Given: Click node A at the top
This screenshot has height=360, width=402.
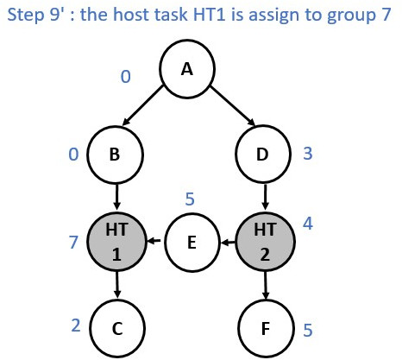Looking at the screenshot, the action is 187,69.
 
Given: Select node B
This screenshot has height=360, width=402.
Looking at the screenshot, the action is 115,155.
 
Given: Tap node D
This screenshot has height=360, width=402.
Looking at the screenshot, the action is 263,154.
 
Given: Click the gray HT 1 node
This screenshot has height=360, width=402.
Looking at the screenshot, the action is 116,242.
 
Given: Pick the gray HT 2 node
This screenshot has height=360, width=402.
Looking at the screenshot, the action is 265,242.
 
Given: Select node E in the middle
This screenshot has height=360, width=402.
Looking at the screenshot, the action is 192,243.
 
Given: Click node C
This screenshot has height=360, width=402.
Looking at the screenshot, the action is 117,328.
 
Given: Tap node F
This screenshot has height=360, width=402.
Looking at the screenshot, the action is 266,328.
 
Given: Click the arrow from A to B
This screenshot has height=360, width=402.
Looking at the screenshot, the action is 143,105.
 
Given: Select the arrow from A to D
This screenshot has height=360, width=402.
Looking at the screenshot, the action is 233,105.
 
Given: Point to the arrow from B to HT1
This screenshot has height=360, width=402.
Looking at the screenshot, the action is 116,197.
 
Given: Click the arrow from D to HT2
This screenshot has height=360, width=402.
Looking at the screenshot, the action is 265,197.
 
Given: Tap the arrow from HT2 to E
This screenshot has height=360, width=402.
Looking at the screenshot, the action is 228,243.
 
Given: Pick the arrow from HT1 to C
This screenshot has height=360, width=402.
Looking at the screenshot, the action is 116,285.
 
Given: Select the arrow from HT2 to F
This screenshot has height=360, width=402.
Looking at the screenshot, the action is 266,285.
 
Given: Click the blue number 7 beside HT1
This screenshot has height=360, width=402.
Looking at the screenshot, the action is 73,242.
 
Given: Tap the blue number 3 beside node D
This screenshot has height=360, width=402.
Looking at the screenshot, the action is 308,154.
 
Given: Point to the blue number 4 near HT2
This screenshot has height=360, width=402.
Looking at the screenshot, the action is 308,223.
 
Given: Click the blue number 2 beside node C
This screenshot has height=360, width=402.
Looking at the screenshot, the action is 76,325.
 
